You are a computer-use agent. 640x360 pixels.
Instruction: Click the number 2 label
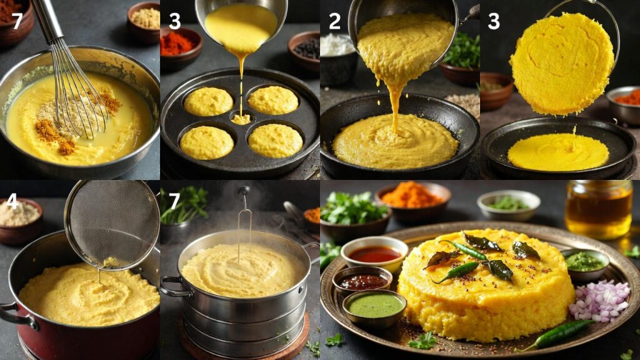[335, 21]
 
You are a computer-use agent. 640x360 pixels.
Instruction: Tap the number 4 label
[12, 201]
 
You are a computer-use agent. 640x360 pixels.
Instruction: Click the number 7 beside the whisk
[17, 21]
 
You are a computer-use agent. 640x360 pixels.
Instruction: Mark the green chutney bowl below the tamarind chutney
[375, 306]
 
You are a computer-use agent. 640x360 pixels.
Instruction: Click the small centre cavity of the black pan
[241, 119]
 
